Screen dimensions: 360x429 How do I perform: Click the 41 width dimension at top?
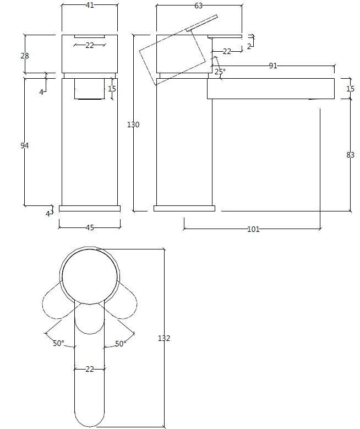click(90, 5)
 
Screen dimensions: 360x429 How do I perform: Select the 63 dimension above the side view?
click(199, 6)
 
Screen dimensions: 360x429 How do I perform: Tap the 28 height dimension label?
click(25, 56)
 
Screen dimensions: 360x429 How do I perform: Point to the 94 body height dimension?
click(24, 145)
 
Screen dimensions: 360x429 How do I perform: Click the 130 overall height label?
click(133, 125)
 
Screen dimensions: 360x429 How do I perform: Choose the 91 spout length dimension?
click(272, 66)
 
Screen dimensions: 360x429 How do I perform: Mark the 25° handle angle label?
click(220, 72)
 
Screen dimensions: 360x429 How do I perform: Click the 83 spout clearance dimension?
click(350, 155)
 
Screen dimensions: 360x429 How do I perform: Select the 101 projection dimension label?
click(253, 229)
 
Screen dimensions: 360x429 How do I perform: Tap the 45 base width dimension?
click(90, 227)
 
